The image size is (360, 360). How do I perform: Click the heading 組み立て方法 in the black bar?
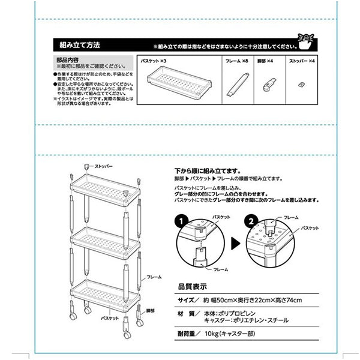[80, 45]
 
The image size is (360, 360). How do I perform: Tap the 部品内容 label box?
[68, 61]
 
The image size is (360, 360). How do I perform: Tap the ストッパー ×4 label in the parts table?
[301, 61]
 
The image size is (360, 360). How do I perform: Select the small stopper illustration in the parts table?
[302, 85]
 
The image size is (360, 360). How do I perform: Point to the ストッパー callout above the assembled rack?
[103, 164]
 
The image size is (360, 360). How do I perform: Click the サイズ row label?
[187, 300]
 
